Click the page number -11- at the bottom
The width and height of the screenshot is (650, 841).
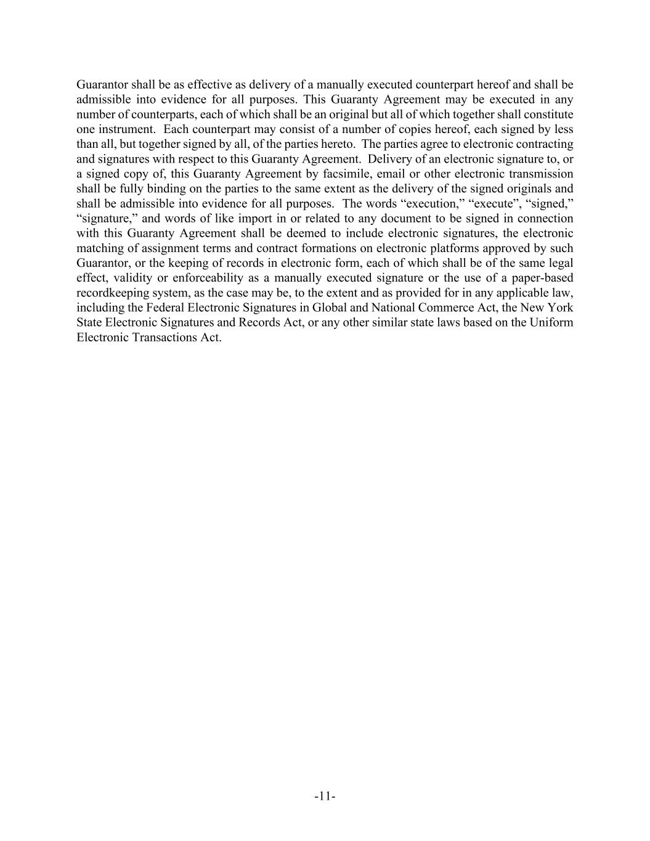point(325,797)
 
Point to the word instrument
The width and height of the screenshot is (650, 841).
point(127,129)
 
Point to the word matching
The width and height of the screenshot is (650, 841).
point(95,248)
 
